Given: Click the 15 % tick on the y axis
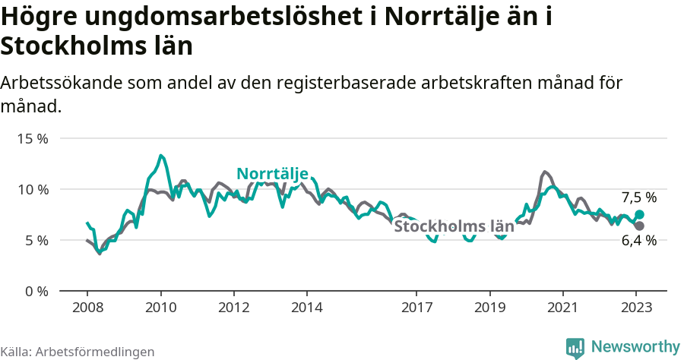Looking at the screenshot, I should tap(32, 139).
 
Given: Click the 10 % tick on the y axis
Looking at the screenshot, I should tap(32, 189).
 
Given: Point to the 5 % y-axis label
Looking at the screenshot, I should tap(35, 240).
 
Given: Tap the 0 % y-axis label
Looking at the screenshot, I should tap(35, 291).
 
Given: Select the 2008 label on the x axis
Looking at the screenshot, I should tap(87, 308).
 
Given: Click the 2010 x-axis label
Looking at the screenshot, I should tap(160, 308).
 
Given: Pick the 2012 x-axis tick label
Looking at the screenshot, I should tap(233, 308).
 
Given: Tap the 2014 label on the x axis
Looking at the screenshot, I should tap(306, 308).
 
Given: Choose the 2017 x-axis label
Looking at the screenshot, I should tap(416, 308).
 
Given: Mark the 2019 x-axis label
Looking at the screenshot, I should tap(489, 308).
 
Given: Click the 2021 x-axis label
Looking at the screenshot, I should tap(562, 308).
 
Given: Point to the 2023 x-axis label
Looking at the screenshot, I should tap(635, 308).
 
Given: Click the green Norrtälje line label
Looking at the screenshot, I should tap(272, 174).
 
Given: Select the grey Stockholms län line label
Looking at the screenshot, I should tap(454, 226).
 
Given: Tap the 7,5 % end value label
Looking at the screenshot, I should tap(638, 197).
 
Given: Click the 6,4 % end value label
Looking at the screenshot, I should tap(638, 241).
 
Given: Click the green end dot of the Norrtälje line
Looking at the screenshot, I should tap(639, 215).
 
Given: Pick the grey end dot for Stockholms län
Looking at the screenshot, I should tap(639, 226).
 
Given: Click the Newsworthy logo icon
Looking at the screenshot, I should tap(575, 348).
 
